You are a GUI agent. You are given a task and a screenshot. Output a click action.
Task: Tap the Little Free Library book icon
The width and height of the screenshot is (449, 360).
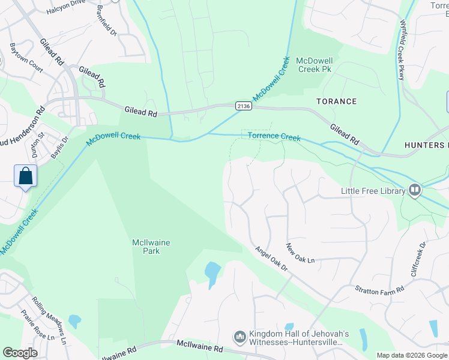[414, 191]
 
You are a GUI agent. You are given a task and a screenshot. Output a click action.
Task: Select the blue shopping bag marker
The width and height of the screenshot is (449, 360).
[26, 176]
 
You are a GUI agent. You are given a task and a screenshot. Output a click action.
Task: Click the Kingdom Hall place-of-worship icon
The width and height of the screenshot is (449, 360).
[240, 338]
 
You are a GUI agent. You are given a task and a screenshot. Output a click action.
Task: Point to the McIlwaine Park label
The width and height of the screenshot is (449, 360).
[151, 247]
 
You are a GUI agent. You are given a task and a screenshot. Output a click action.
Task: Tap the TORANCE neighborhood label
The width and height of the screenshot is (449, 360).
[337, 101]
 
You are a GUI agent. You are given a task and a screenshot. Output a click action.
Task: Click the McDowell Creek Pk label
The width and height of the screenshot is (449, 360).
[315, 65]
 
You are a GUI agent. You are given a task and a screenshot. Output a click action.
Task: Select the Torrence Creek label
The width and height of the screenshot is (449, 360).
[274, 137]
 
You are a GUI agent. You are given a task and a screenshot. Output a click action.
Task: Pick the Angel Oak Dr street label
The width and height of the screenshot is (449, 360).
[271, 259]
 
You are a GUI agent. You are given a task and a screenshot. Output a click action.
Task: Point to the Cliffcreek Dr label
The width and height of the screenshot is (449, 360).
[418, 258]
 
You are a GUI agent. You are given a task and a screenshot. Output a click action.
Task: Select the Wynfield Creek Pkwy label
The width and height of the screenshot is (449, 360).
[402, 50]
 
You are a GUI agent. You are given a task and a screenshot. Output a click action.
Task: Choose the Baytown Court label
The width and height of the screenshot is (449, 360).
[26, 58]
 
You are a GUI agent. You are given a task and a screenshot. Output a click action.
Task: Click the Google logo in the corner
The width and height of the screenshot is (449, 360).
[20, 353]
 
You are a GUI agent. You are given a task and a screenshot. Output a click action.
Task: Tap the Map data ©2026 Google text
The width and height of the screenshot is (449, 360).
[411, 355]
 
